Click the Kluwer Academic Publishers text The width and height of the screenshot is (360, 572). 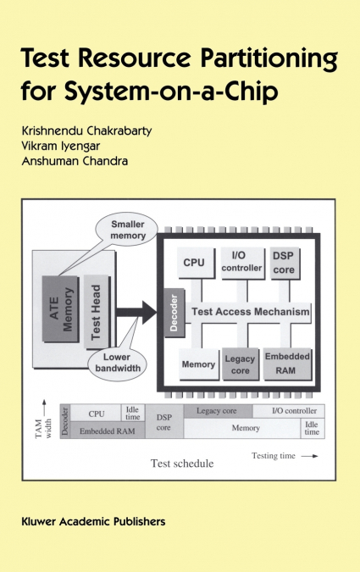[x=93, y=521]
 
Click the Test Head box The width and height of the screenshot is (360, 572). [x=97, y=313]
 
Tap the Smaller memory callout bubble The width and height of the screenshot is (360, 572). [x=129, y=229]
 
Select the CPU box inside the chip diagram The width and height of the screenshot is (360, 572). [x=194, y=263]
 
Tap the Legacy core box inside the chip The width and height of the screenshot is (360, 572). [x=241, y=365]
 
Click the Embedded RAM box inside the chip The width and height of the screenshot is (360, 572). [x=287, y=362]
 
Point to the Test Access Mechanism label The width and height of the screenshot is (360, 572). [x=251, y=312]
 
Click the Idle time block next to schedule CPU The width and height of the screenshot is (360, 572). [x=133, y=413]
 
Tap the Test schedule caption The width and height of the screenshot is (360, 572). [x=181, y=464]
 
